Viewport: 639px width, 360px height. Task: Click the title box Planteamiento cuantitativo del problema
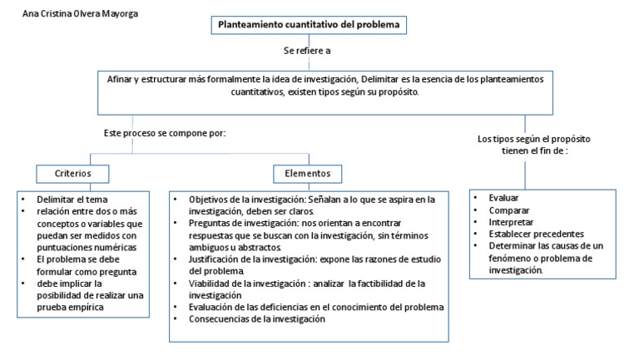[309, 26]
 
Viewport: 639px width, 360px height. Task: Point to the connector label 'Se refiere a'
[308, 52]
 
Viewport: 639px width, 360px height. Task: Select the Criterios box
[73, 174]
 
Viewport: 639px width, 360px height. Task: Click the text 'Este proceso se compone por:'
[165, 133]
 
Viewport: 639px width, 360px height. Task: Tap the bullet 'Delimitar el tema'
[72, 200]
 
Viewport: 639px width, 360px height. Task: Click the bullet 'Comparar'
[509, 211]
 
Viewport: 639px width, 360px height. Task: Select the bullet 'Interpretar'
[512, 223]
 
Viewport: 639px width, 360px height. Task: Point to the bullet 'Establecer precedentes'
[536, 234]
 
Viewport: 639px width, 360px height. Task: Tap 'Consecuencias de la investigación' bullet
[256, 319]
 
